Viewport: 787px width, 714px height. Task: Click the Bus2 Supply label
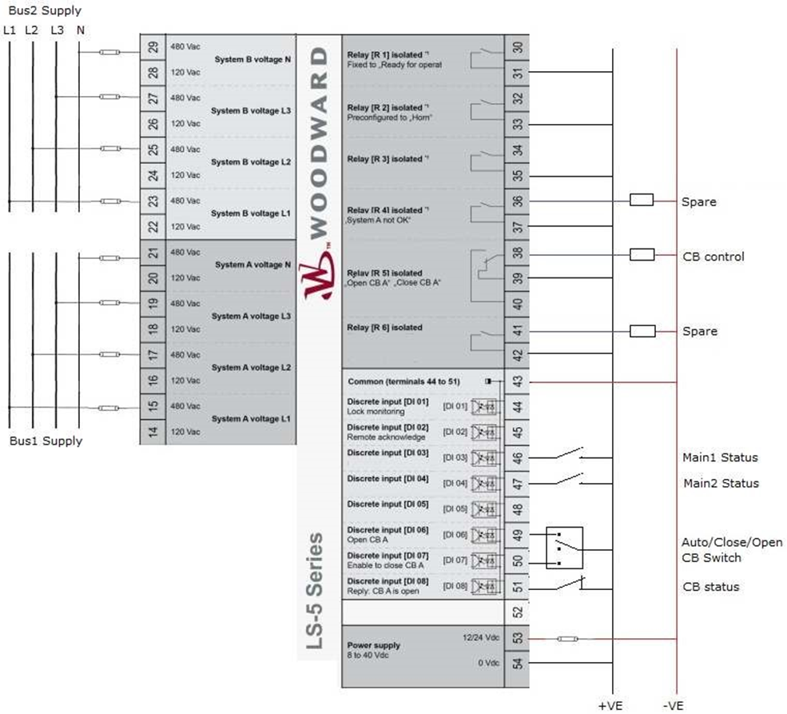click(44, 11)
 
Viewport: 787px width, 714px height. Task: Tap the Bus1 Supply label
click(46, 441)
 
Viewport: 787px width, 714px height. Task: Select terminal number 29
click(153, 47)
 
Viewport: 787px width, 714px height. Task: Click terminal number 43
click(517, 381)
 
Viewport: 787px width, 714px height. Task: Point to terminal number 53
click(517, 638)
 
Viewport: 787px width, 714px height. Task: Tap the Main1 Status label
click(720, 458)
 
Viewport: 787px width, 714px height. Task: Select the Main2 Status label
click(721, 483)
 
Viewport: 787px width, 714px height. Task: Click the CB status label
click(710, 587)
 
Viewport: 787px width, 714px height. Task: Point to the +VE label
click(611, 706)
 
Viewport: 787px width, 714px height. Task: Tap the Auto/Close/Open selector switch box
click(564, 548)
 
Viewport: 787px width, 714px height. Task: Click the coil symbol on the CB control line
click(642, 255)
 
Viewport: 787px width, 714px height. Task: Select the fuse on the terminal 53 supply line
click(569, 639)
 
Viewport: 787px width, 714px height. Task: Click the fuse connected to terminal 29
click(110, 52)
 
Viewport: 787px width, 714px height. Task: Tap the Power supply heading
click(374, 645)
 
